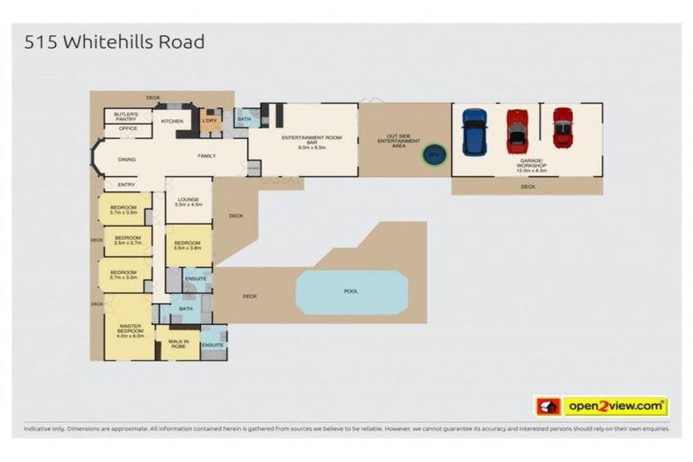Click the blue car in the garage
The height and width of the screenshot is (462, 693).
[x=474, y=132]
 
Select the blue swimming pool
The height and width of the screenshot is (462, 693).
[x=351, y=291]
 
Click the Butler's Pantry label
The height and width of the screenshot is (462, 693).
[x=126, y=116]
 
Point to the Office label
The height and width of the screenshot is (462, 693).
[x=126, y=130]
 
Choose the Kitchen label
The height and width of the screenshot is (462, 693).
[x=172, y=121]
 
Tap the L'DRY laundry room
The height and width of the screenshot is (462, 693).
[x=209, y=122]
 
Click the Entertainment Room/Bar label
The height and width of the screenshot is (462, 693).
[x=302, y=141]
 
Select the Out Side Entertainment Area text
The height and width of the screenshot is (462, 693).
[x=398, y=141]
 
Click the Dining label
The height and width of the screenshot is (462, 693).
[x=127, y=157]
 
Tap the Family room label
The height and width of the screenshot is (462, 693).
[x=207, y=156]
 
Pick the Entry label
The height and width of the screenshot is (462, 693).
[x=126, y=184]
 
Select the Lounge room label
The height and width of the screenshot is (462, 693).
[x=188, y=202]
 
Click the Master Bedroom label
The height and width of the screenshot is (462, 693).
[x=130, y=330]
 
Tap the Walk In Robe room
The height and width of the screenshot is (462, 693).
[x=179, y=342]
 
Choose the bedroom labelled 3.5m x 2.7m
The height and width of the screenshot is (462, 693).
[x=125, y=241]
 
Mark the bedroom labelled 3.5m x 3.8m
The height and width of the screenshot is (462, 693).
[x=187, y=245]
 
